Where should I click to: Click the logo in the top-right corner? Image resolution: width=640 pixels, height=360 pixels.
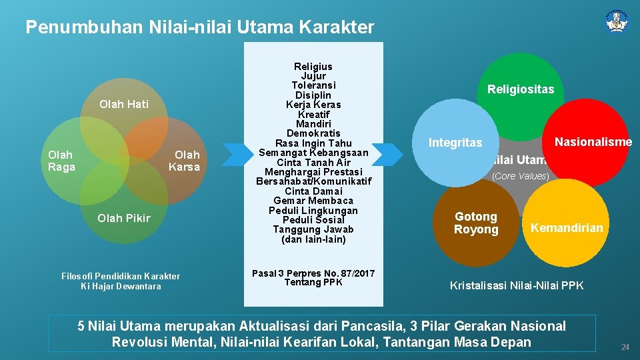617,21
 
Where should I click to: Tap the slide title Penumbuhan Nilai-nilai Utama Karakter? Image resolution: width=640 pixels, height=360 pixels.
199,27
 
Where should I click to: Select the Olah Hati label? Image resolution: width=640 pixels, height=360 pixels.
123,104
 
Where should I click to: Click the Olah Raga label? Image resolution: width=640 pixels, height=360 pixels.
61,161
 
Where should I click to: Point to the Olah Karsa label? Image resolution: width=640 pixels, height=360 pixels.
184,161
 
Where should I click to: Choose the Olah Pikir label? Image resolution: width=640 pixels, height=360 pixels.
124,218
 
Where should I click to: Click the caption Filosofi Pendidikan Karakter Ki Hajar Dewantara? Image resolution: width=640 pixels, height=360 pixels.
121,281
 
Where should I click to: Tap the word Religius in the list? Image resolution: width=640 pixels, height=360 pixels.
313,67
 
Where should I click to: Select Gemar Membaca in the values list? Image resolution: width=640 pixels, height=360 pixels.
313,201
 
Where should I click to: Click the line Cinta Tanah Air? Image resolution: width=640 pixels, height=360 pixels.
313,162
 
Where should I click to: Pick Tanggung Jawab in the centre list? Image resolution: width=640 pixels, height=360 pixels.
313,229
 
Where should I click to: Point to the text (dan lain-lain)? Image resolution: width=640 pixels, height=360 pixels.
313,239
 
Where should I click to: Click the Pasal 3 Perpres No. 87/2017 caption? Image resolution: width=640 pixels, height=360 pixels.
313,277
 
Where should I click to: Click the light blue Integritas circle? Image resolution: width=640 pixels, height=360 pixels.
455,143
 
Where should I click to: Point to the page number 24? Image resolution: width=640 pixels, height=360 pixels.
625,347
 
